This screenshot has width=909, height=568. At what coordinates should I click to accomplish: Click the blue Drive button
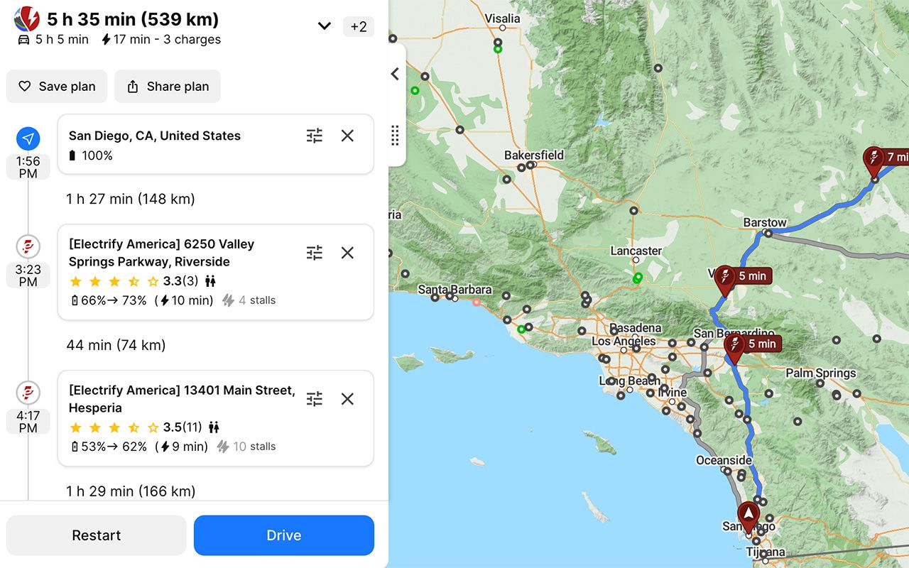click(x=283, y=535)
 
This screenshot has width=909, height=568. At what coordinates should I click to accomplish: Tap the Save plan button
click(x=57, y=87)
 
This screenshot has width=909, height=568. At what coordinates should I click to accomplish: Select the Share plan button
click(x=168, y=87)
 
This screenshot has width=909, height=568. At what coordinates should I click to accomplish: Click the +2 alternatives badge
click(x=359, y=27)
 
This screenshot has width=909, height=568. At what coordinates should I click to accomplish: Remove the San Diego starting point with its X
click(x=347, y=136)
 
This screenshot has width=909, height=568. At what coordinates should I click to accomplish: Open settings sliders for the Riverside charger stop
click(x=315, y=253)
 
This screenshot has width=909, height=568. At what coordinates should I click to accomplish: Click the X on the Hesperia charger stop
click(x=347, y=399)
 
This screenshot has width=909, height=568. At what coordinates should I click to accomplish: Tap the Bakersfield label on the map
click(x=534, y=155)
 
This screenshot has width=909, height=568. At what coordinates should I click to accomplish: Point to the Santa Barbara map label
click(x=454, y=290)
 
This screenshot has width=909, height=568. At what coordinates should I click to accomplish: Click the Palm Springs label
click(x=820, y=373)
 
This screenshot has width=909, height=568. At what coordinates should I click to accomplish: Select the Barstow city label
click(x=765, y=222)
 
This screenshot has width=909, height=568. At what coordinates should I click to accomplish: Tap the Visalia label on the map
click(x=502, y=18)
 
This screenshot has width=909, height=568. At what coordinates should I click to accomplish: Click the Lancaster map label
click(x=636, y=251)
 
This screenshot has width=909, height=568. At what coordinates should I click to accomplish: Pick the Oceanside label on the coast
click(x=724, y=460)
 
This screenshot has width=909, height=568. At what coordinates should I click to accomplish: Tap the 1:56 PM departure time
click(x=28, y=167)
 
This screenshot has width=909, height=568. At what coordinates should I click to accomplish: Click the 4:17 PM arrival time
click(x=28, y=421)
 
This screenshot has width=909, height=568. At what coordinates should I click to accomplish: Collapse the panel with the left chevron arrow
click(x=396, y=74)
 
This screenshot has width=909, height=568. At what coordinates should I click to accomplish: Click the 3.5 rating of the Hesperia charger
click(x=173, y=427)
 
